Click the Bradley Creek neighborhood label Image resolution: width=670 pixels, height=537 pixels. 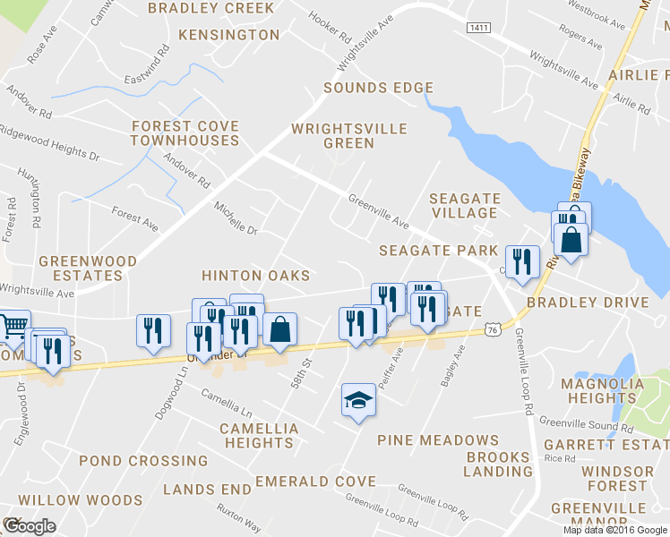click(x=210, y=8)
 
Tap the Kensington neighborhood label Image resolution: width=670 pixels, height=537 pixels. click(x=229, y=35)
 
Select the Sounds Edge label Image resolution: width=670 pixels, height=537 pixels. click(x=378, y=88)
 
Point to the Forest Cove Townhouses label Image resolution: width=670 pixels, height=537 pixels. click(x=185, y=133)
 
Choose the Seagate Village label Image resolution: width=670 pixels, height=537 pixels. click(x=463, y=205)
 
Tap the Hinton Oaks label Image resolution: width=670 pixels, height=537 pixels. click(x=255, y=276)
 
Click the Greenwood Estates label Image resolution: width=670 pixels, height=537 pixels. click(x=88, y=268)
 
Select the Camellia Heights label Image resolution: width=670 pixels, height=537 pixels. click(x=259, y=436)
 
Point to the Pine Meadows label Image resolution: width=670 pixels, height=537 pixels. click(x=438, y=440)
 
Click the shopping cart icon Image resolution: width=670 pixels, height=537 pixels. click(x=13, y=325)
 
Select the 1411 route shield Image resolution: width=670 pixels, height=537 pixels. click(x=478, y=29)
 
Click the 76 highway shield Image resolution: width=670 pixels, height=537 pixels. click(x=493, y=331)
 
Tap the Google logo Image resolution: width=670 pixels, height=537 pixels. click(x=29, y=526)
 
